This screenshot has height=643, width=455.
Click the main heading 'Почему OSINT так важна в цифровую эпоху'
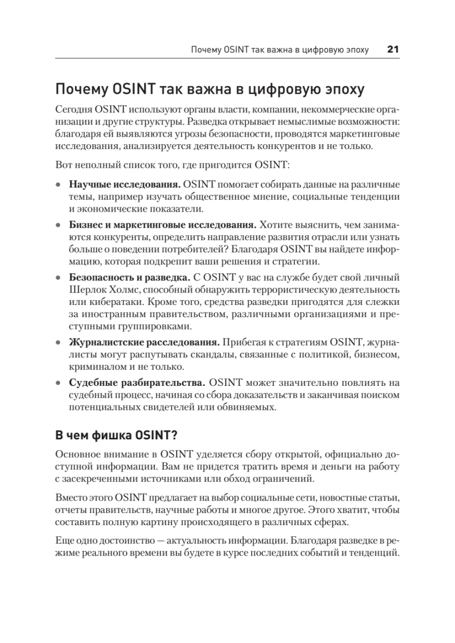coord(210,88)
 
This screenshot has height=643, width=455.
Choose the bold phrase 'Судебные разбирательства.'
coord(137,383)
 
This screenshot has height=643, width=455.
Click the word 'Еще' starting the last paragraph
coord(63,541)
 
